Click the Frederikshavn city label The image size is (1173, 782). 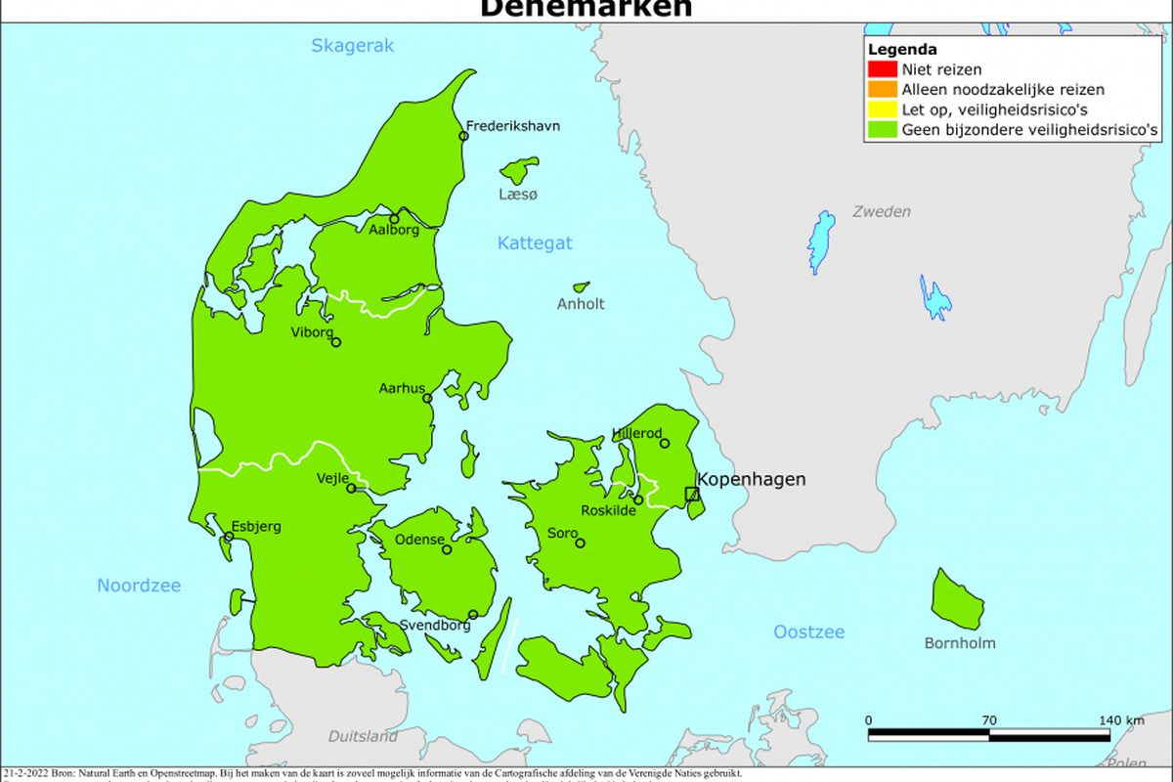513,126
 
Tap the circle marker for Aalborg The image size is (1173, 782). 395,219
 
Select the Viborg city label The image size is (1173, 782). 313,331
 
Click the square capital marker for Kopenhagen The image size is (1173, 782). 692,494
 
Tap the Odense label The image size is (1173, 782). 419,540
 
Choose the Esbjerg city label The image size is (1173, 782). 256,526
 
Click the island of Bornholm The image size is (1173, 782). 956,599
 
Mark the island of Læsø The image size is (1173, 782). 519,171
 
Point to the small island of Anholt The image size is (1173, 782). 581,287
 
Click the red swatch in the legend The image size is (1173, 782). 881,69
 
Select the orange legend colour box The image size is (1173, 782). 881,89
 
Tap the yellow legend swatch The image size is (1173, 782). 881,109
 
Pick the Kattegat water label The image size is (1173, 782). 535,243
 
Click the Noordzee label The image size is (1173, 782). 139,586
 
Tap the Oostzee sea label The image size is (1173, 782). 808,631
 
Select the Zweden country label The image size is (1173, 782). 881,211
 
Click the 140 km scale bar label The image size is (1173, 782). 1120,720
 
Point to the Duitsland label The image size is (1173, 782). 363,736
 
